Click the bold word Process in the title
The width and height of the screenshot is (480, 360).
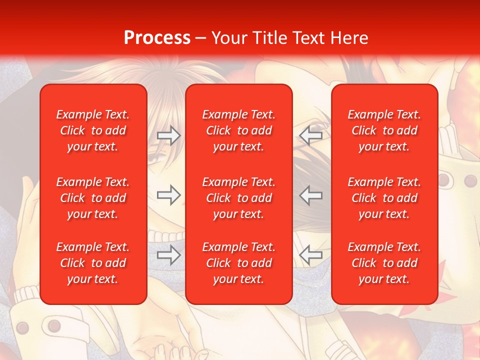157,37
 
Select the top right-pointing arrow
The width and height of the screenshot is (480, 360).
168,135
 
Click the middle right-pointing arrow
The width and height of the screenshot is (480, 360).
168,195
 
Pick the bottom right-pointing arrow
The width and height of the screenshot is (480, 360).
168,255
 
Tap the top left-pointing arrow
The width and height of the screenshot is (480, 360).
311,135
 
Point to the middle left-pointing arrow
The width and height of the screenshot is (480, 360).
311,195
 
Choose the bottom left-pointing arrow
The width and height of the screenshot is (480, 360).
311,255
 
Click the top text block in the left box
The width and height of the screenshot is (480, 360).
93,130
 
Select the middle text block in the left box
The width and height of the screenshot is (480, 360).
93,198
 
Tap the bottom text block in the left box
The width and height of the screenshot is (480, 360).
93,263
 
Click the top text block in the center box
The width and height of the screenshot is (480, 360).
239,130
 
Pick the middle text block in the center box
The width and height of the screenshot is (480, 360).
239,198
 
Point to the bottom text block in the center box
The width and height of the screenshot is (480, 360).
239,263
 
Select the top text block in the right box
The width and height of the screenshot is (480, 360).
384,130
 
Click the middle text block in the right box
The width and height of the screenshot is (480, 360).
384,198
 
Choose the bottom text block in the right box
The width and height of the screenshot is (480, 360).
384,263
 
